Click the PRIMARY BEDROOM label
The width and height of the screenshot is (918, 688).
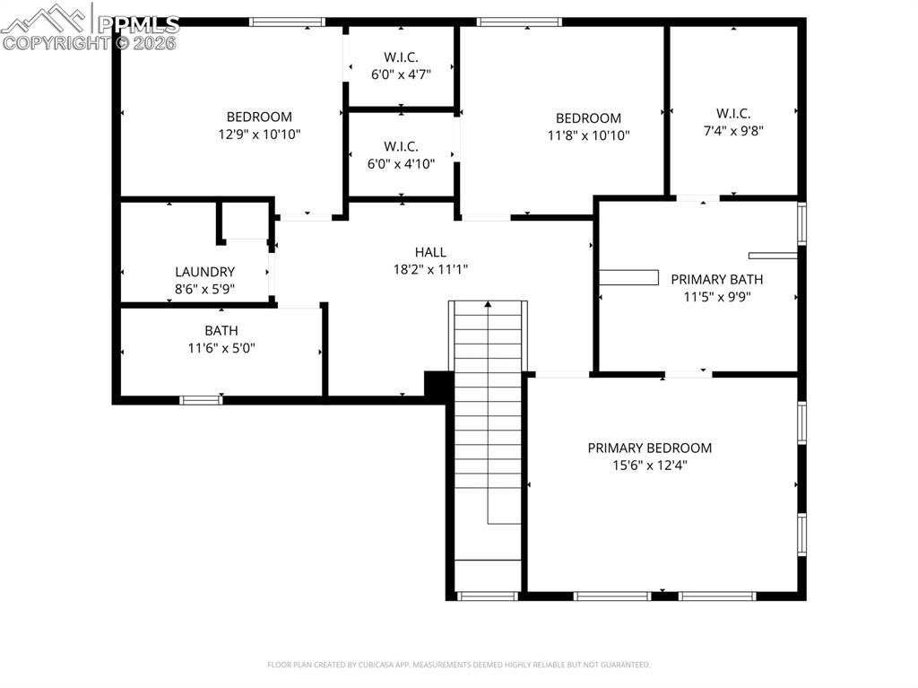(x=649, y=448)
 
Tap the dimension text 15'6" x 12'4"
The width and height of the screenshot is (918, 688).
(x=649, y=465)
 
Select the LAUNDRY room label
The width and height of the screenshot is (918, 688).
(x=204, y=272)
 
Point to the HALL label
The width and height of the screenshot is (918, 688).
(x=430, y=252)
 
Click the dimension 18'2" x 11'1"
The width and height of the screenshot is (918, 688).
(x=430, y=269)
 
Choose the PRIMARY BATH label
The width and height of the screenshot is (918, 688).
(x=716, y=279)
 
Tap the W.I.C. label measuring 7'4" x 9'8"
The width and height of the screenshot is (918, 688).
(x=732, y=113)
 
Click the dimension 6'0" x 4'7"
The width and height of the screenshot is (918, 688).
(x=401, y=74)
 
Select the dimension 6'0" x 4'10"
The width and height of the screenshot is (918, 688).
(x=401, y=163)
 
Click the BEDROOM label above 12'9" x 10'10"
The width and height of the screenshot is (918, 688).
(x=259, y=117)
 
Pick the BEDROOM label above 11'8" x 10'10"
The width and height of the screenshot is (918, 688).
(x=588, y=118)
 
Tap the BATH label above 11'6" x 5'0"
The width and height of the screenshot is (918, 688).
(x=221, y=330)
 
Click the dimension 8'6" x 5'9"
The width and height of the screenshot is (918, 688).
(x=204, y=289)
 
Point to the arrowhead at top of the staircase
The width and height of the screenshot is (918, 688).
(x=488, y=305)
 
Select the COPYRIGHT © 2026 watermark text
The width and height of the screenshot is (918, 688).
(x=90, y=42)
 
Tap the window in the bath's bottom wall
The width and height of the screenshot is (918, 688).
(x=201, y=400)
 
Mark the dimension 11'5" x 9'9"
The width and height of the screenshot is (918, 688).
(x=716, y=296)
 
